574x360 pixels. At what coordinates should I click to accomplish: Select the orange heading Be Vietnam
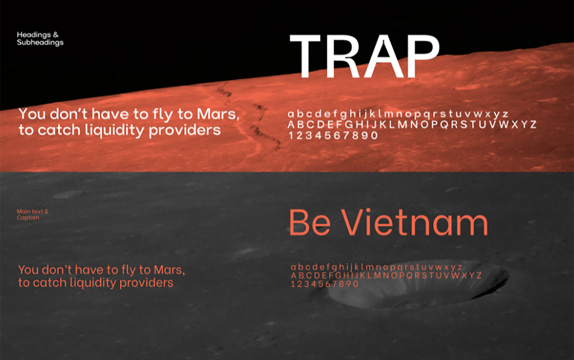coord(388,222)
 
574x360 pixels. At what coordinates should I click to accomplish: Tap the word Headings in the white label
coord(34,35)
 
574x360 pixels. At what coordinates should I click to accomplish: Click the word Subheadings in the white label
coord(40,43)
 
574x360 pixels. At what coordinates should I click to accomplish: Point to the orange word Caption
coord(28,218)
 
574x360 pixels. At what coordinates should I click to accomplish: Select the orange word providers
coord(146,283)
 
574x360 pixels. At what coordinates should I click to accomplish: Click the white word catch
coord(59,130)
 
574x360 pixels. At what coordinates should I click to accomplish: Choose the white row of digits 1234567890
coord(333,136)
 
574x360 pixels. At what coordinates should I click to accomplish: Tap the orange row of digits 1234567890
coord(325,284)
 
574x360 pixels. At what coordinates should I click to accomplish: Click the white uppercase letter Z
coord(533,124)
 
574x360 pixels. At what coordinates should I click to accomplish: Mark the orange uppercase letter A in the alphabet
coord(294,276)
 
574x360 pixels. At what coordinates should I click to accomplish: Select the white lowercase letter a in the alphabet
coord(291,114)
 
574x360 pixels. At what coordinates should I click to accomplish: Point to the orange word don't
coord(56,270)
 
